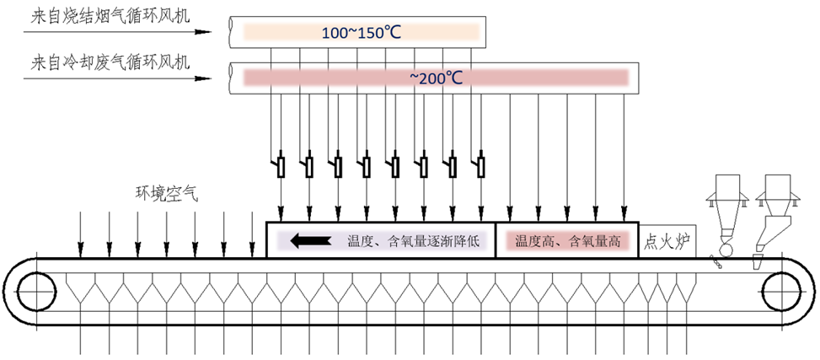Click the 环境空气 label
tap(167, 192)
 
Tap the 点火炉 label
tap(667, 242)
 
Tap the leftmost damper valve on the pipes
tap(281, 165)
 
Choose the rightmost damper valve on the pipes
tap(480, 165)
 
